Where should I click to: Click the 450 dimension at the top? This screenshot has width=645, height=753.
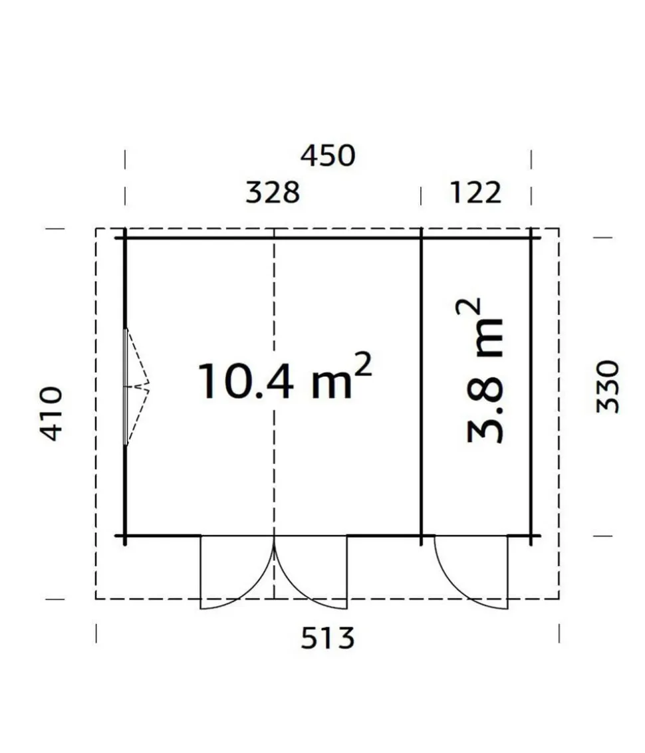(328, 156)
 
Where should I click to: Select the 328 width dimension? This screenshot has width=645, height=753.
(273, 192)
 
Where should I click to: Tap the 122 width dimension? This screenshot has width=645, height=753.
(475, 192)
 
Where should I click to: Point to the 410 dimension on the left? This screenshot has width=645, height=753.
(51, 413)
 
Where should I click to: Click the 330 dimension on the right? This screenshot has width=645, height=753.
(608, 387)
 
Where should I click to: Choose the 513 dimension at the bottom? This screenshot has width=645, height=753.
(328, 638)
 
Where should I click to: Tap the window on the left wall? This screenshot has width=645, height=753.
(126, 387)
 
